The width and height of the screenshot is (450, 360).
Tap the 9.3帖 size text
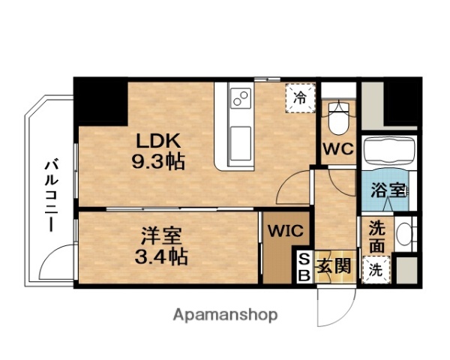pos(159,160)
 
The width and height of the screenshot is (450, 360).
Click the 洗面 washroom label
pos(376,238)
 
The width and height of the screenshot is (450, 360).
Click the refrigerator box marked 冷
pos(299,97)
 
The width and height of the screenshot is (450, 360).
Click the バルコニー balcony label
pos(51,193)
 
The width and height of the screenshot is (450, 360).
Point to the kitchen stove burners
pos(241,98)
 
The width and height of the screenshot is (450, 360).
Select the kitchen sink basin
pos(240,141)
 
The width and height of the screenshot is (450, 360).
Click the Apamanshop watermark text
pos(226,315)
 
